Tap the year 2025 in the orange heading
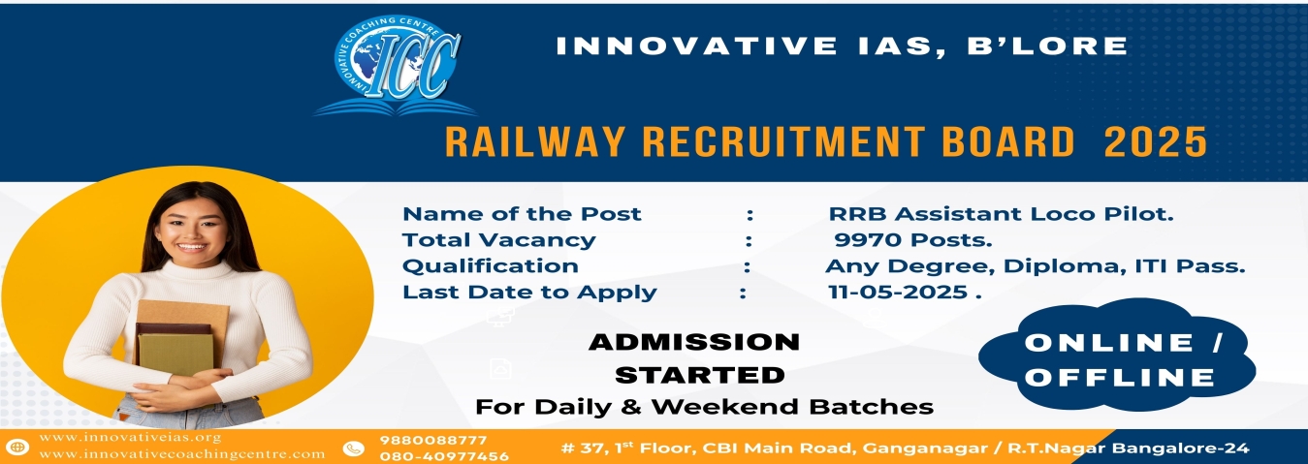(1155, 141)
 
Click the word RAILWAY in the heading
(535, 141)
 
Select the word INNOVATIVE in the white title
(696, 46)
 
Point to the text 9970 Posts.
(912, 240)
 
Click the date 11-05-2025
(898, 292)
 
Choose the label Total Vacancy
(498, 240)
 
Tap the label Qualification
(491, 266)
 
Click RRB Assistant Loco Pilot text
(1001, 214)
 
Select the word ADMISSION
(694, 342)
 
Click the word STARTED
(699, 375)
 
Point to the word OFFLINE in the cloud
(1119, 378)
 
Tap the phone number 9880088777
(433, 440)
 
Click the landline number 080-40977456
(444, 456)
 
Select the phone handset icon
(353, 449)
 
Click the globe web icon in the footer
(17, 448)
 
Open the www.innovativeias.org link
(130, 437)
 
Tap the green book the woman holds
(175, 355)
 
